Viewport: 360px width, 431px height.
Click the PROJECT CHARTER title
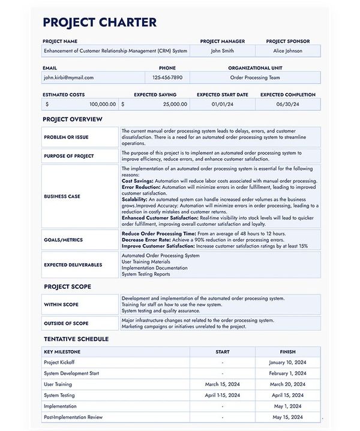point(100,23)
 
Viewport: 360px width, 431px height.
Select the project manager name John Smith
point(222,51)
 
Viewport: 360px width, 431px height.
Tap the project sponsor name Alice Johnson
point(287,51)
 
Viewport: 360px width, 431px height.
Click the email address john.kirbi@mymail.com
point(68,77)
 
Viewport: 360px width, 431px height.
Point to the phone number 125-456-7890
point(167,77)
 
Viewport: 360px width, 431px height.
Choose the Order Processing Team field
point(254,77)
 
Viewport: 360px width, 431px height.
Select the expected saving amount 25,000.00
point(174,104)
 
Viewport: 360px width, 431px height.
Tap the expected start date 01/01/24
point(222,104)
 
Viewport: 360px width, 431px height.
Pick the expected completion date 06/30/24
point(287,104)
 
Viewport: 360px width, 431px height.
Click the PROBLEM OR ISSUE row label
point(66,137)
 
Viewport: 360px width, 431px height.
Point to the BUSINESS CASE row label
point(62,196)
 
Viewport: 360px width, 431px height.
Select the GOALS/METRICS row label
point(63,240)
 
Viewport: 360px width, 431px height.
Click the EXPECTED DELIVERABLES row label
point(73,264)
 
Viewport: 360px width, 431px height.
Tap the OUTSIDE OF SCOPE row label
point(66,324)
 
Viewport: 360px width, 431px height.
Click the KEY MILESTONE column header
point(62,352)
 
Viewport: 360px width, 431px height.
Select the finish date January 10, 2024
point(287,363)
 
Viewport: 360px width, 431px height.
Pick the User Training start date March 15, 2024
point(222,384)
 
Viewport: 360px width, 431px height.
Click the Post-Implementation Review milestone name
point(73,417)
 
